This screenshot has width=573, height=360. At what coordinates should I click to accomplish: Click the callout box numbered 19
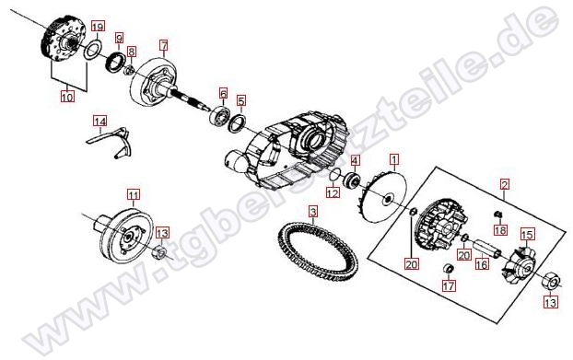point(98,27)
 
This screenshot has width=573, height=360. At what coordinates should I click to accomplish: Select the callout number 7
point(164,46)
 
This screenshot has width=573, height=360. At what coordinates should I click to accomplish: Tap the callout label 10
point(67,97)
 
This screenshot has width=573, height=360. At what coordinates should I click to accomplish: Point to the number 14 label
point(99,122)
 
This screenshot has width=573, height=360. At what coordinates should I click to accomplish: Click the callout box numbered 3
point(313,212)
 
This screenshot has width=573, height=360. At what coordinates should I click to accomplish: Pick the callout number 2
point(505,185)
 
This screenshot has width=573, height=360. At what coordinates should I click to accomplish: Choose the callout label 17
point(449,285)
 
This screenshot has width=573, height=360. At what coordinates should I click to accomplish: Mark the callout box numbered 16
point(482,264)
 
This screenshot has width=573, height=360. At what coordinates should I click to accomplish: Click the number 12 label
point(333,192)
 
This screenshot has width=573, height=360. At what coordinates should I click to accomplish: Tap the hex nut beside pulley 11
point(159,252)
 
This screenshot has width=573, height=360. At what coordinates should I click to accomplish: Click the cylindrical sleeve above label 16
point(486,249)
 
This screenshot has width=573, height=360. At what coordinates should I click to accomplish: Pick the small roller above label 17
point(449,268)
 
